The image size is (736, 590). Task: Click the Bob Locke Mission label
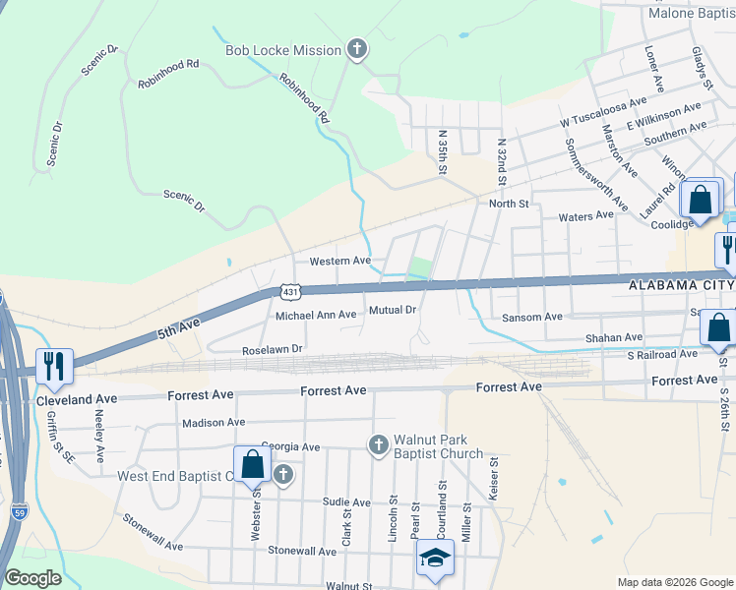(283, 50)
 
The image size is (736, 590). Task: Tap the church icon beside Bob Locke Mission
(357, 49)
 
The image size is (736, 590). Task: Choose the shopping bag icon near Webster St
(252, 463)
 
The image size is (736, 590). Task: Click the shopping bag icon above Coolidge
(700, 199)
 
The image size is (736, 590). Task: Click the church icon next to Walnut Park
(377, 446)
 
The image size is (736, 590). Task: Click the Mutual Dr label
(393, 310)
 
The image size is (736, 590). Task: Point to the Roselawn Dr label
(273, 349)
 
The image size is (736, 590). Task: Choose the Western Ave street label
(339, 262)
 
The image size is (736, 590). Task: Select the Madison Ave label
(214, 422)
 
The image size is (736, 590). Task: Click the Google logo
(32, 578)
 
